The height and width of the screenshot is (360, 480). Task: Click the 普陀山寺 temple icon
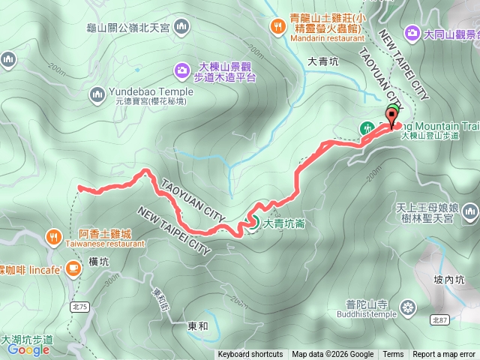click(408, 306)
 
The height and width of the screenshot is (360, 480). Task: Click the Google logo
click(28, 349)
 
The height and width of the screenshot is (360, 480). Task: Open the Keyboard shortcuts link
click(250, 355)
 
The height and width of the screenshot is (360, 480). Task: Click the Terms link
click(393, 355)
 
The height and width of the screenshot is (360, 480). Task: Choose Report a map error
click(444, 355)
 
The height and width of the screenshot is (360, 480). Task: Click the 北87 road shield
click(440, 319)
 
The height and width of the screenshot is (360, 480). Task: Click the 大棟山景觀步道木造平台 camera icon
click(181, 71)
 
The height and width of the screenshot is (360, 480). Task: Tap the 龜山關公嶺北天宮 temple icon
click(180, 28)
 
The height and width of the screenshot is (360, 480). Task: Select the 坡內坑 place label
click(449, 279)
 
